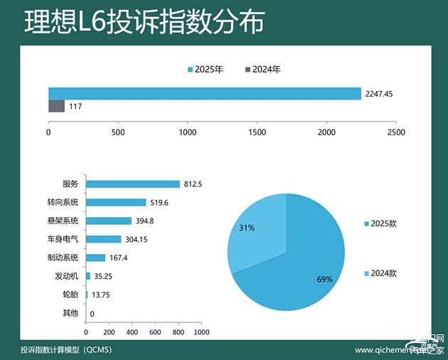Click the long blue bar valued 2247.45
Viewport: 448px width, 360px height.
[x=205, y=93]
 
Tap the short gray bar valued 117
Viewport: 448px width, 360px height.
[x=56, y=106]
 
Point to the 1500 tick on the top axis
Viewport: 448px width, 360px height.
[x=257, y=132]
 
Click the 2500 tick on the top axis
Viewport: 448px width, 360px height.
[x=396, y=132]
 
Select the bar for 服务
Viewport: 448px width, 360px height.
[x=132, y=184]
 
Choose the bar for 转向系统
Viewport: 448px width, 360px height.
[x=115, y=202]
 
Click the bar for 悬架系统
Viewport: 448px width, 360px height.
[x=108, y=221]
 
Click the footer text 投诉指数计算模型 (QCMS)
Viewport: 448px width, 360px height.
[x=66, y=350]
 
